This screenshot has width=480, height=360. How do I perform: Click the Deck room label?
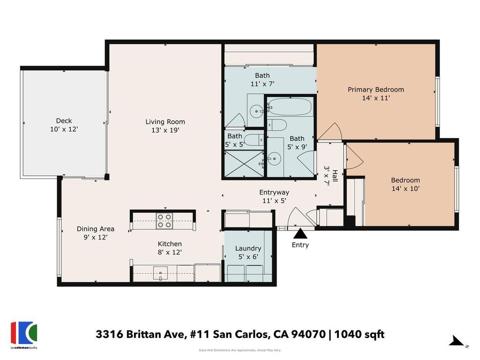click(x=64, y=120)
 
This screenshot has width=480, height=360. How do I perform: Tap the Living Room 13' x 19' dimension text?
click(x=165, y=130)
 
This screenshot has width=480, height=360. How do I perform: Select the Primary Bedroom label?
click(x=375, y=90)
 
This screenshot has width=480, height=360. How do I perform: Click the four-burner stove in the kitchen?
click(x=165, y=221)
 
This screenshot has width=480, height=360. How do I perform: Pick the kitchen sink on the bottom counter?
click(x=160, y=273)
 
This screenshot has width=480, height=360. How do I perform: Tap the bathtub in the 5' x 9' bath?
click(x=290, y=106)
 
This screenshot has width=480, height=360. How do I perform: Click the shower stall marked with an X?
click(x=244, y=164)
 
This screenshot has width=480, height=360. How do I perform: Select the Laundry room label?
click(x=248, y=248)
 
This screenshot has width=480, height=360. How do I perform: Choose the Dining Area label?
click(x=96, y=229)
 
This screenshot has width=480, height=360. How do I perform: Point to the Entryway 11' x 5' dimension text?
click(x=274, y=201)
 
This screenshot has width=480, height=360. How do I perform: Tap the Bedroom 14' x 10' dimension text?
click(x=405, y=188)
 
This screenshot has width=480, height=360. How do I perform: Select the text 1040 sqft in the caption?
click(x=360, y=334)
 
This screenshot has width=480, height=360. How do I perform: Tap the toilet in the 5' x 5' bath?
click(x=254, y=140)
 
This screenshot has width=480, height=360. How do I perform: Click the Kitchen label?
click(x=170, y=244)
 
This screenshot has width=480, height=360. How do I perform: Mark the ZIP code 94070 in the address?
click(x=308, y=334)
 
